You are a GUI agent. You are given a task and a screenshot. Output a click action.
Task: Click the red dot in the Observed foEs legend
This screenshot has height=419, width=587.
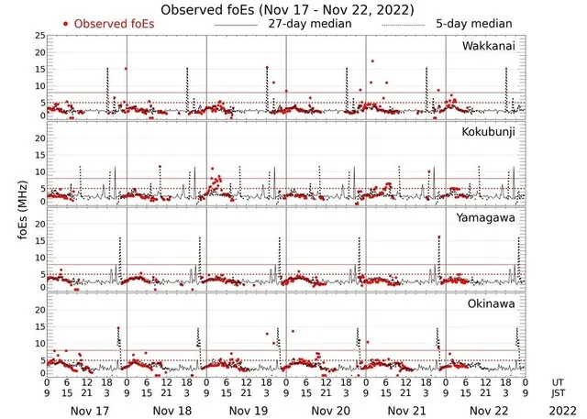(x=66, y=23)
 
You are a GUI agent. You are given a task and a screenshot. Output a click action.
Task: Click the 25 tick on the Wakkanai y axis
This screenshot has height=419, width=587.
(x=39, y=36)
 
